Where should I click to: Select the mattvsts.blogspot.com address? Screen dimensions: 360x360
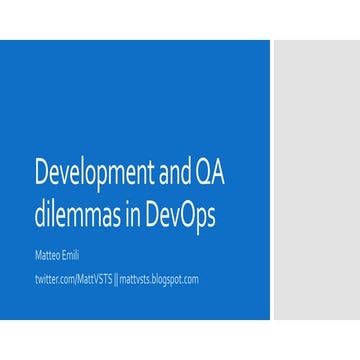159,279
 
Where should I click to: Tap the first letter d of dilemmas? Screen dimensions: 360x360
38,216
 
